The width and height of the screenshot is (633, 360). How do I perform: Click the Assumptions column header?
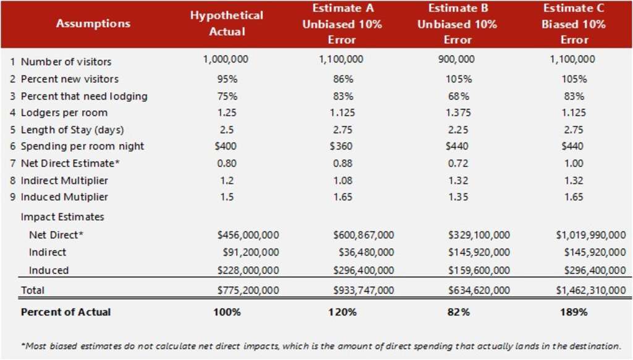pos(93,24)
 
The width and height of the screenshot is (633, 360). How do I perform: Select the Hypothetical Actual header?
pos(227,24)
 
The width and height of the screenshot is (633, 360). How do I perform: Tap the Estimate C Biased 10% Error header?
pos(574,24)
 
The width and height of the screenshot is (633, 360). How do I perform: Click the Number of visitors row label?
pos(66,62)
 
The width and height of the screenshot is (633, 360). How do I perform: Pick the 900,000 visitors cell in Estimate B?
pos(457,59)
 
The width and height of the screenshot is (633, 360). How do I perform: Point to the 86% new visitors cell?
pos(342,79)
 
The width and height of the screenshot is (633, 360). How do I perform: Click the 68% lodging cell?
pos(457,96)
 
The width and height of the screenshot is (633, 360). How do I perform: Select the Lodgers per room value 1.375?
pos(457,113)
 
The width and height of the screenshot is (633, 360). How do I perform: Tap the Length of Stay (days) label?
pos(72,130)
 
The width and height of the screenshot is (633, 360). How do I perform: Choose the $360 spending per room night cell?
pos(342,147)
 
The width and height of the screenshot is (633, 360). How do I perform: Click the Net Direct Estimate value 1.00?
pos(574,163)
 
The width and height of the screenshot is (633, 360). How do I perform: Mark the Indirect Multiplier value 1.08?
pos(342,180)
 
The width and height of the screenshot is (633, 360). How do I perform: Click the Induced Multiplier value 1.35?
pos(457,197)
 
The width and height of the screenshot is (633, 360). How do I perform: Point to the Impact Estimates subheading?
pos(62,217)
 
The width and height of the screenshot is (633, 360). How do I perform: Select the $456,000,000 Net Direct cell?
pos(248,235)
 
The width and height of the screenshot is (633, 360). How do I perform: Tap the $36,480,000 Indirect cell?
pos(366,252)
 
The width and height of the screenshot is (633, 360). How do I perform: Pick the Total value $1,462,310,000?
pos(590,290)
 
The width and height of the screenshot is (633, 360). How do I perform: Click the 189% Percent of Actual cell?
pos(574,312)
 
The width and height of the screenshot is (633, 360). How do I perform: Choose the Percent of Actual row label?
pos(66,312)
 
